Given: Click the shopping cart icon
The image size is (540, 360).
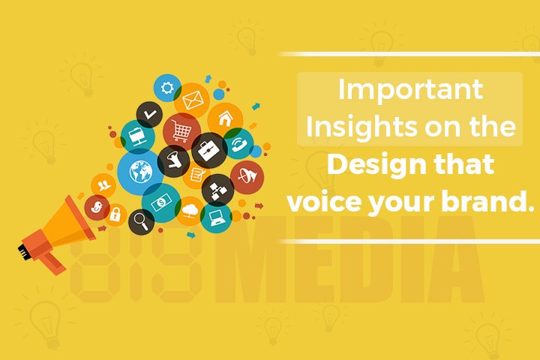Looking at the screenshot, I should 181,130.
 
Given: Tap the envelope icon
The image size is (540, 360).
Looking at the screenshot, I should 193,98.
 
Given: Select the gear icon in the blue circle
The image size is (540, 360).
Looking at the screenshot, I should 166,88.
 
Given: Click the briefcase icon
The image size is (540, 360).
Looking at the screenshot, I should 208,149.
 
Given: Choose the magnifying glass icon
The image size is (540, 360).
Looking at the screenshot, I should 140,220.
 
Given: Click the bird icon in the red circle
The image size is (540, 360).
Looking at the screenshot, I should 97,206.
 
